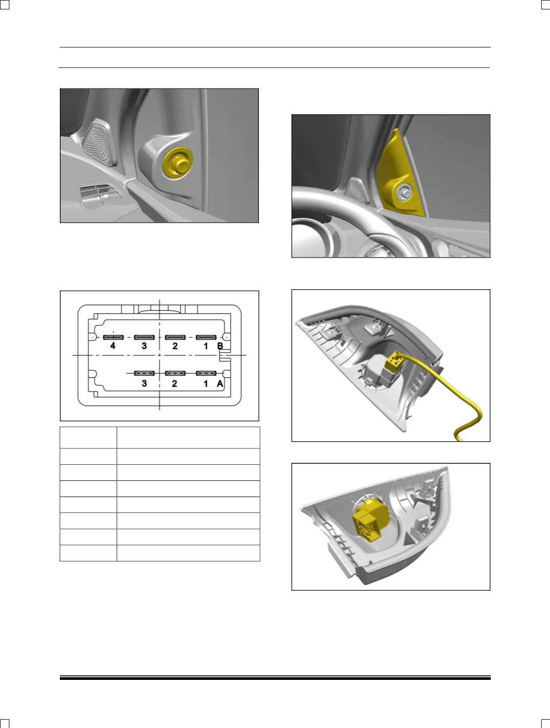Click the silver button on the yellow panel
[x=404, y=191]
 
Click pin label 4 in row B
[x=113, y=346]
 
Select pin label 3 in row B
[x=144, y=346]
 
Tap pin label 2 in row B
[x=175, y=346]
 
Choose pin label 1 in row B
[x=206, y=346]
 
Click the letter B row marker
[x=221, y=346]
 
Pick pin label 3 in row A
[x=144, y=383]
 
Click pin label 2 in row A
[x=175, y=383]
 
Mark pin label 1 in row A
[x=206, y=383]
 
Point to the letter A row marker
[x=221, y=383]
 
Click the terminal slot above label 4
[x=113, y=337]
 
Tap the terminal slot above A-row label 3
[x=144, y=373]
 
